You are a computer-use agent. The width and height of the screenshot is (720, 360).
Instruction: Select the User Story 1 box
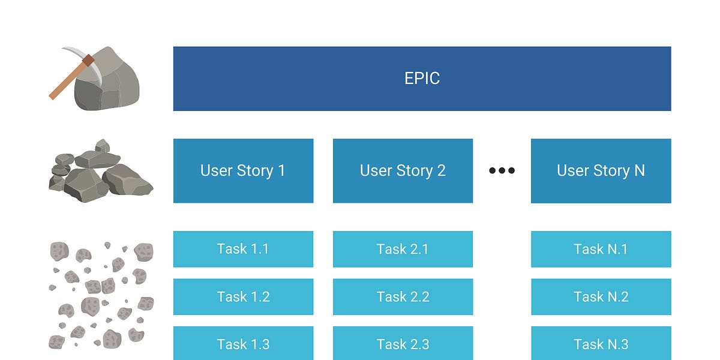[243, 171]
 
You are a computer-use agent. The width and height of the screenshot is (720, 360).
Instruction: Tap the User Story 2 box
[403, 171]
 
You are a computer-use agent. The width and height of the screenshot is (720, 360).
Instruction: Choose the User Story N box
[601, 171]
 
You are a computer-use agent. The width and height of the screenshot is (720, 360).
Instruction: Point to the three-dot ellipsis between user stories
[502, 171]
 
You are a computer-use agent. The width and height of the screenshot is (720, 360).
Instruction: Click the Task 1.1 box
[243, 249]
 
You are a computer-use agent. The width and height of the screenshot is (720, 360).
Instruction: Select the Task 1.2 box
[243, 296]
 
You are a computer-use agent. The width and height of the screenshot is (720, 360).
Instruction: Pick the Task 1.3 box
[243, 343]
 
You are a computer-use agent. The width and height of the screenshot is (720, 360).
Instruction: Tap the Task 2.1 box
[403, 249]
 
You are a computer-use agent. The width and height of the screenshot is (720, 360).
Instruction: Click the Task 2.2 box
[403, 296]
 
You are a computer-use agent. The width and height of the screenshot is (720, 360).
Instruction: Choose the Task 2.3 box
[403, 343]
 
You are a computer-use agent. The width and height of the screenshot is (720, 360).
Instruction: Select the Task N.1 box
[601, 249]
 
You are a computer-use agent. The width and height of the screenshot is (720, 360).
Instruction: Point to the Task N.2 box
[601, 296]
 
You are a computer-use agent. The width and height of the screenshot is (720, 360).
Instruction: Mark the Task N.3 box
[601, 343]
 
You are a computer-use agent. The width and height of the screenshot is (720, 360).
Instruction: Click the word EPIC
[422, 79]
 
